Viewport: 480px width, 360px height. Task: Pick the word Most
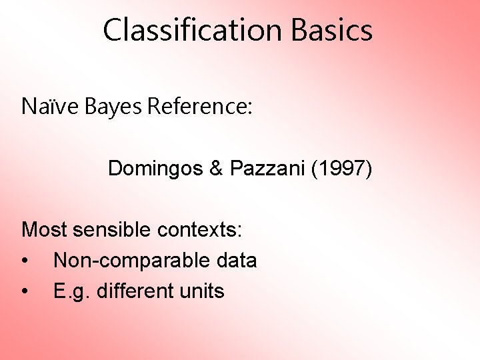pyautogui.click(x=45, y=230)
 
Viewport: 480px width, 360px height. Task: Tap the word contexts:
pyautogui.click(x=200, y=230)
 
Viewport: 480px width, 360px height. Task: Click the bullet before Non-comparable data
pyautogui.click(x=25, y=261)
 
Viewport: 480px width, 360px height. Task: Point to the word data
pyautogui.click(x=237, y=261)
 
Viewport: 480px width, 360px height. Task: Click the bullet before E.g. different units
pyautogui.click(x=25, y=291)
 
